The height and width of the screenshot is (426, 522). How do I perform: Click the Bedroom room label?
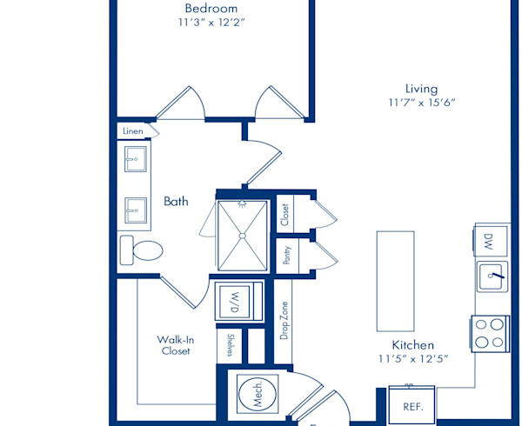coord(211,9)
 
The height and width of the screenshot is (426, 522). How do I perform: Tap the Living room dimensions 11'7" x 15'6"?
coord(422,103)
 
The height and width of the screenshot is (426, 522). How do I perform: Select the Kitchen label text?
coord(412,345)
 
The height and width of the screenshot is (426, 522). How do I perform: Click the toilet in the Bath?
coord(141,250)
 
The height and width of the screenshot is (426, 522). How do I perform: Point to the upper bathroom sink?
coord(136,159)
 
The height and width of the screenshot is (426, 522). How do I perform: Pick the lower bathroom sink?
coord(136,210)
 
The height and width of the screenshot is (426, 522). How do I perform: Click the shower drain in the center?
coord(243,236)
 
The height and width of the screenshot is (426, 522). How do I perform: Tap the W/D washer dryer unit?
coord(238,302)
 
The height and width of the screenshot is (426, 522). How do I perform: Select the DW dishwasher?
coord(491,241)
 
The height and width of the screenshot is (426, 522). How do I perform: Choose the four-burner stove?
coord(490,334)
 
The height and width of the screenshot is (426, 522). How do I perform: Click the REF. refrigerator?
coord(412,405)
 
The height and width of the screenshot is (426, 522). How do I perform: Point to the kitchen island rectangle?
coord(396,282)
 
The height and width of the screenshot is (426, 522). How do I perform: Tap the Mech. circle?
coord(258,394)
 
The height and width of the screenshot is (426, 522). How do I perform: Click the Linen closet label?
coord(133,131)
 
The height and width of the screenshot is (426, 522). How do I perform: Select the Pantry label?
coord(286,256)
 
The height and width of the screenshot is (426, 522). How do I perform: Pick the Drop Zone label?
coord(284,321)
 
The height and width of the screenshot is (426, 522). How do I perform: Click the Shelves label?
coord(230,345)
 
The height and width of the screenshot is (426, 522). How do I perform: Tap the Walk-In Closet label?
coord(176,345)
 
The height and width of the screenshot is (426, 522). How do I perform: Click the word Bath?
coord(176,201)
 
